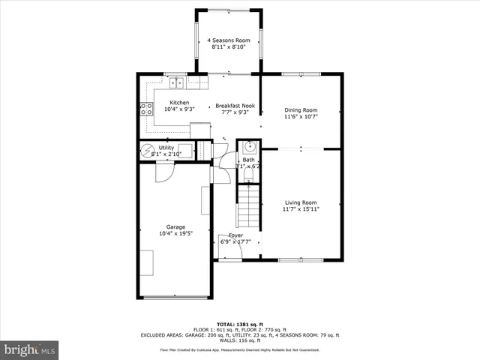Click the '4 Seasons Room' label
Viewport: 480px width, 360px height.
(229, 40)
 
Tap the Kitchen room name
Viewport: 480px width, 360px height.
(179, 103)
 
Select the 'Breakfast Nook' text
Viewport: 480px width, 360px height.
(235, 106)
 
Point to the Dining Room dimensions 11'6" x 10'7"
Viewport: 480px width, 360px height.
(300, 117)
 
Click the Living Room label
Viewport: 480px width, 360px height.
(300, 202)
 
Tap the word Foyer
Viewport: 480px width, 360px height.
(235, 235)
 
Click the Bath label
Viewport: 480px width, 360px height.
(247, 160)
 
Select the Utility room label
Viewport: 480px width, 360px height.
(166, 148)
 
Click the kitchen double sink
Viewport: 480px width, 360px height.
(177, 82)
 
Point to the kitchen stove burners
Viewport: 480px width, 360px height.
(145, 110)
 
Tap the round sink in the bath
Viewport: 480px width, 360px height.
(250, 147)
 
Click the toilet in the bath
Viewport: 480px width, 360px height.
(249, 174)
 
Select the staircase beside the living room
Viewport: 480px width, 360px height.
(248, 206)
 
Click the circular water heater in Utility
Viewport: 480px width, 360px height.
(148, 151)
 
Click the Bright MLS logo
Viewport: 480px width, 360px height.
(30, 349)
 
